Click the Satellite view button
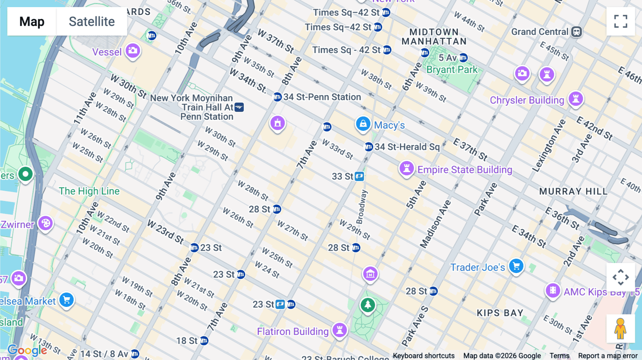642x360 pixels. tap(92, 21)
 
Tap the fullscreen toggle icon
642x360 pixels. tap(621, 21)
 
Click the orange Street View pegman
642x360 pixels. tap(620, 328)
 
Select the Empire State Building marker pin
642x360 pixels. tap(406, 168)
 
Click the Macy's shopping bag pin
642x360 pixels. tap(363, 124)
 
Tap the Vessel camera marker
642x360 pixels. tap(133, 51)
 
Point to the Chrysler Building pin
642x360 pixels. tap(576, 99)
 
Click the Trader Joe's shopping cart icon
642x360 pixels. tap(516, 266)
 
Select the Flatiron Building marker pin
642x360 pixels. tap(340, 330)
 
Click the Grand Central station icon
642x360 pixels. tap(576, 32)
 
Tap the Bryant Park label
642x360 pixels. tap(452, 70)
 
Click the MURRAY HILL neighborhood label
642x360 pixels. tap(573, 191)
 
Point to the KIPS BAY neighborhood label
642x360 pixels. tap(500, 313)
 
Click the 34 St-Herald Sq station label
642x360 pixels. tap(407, 147)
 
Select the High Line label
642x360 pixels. tap(89, 191)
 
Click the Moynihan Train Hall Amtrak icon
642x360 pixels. tap(239, 107)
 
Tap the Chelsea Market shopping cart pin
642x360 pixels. tap(67, 300)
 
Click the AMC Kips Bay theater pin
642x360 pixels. tap(553, 290)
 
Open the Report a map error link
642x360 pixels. tap(608, 356)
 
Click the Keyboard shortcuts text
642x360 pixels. tap(423, 356)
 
